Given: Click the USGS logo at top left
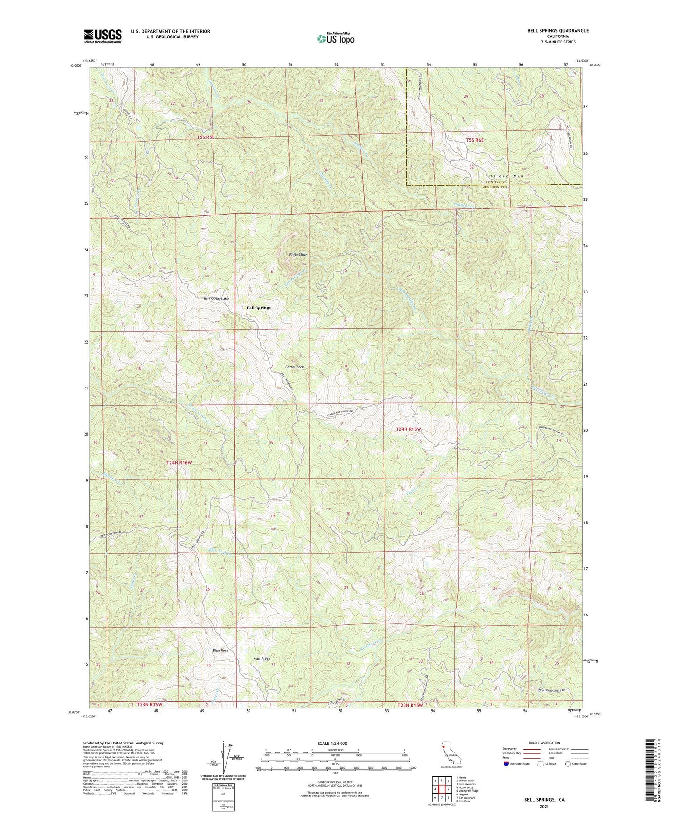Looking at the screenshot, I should pos(102,36).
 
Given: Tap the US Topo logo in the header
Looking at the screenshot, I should pos(335,39).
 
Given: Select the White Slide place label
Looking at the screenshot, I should pos(298,254).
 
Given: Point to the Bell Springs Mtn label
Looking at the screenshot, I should pos(216,299).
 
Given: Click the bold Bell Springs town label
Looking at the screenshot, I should pos(258,308).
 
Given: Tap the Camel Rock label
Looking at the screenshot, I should pos(294,367).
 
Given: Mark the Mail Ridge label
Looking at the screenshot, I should pos(262,659).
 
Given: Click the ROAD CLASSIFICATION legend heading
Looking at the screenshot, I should pos(544,743).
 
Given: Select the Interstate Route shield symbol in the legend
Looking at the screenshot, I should pos(507,764).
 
